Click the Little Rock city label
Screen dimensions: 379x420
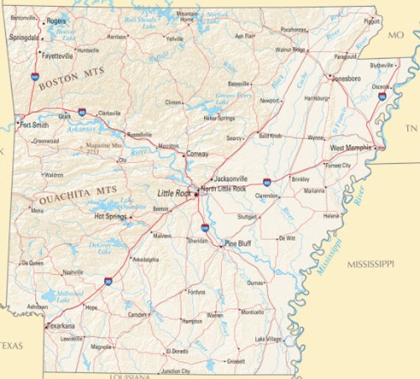coord(174,193)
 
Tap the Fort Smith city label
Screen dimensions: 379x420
coord(35,125)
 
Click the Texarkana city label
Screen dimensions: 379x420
coord(61,325)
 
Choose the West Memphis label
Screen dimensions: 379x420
coord(351,148)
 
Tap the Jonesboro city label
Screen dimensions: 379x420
coord(346,78)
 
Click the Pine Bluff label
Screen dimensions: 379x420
coord(238,243)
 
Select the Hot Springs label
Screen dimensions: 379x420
coord(111,217)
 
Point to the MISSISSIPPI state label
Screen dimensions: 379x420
coord(371,263)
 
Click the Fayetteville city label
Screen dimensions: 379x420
coord(57,55)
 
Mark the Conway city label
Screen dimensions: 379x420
coord(197,154)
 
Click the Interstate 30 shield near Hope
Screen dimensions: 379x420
coord(108,281)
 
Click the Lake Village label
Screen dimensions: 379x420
coord(268,339)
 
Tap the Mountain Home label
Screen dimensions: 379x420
coord(188,16)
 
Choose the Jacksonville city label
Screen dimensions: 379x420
coord(231,178)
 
